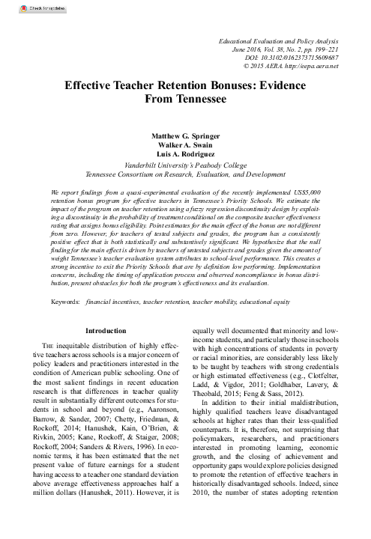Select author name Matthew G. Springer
(185, 137)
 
